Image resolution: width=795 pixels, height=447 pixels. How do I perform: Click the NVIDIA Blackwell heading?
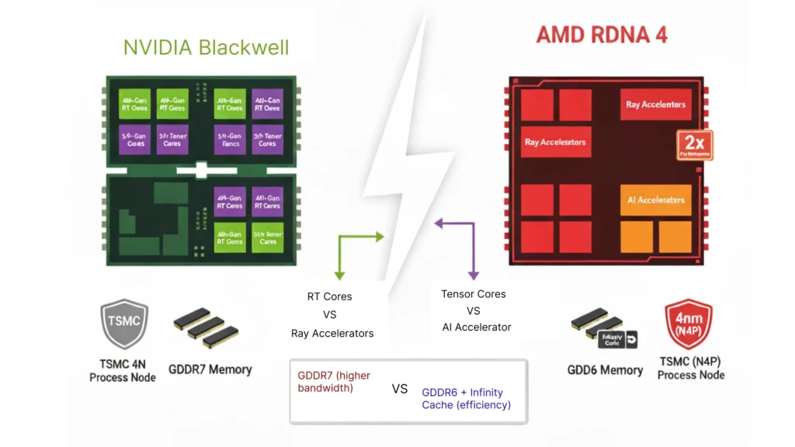point(206,47)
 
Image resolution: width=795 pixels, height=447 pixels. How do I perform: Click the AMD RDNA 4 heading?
point(602,35)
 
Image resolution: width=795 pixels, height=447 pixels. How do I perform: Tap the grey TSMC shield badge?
point(124,324)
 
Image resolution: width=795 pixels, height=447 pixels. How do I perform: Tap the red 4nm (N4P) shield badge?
point(688,324)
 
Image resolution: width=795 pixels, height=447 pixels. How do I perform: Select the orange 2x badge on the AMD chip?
point(694,145)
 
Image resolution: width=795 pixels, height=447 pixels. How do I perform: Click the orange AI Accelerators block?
point(655,199)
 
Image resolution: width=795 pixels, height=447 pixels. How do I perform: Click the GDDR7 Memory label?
point(210,369)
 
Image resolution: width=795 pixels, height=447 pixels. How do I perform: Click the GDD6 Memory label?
point(605,370)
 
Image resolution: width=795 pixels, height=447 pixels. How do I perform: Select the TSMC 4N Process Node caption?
point(123,370)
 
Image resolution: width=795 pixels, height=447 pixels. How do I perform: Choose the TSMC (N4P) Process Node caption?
point(690,368)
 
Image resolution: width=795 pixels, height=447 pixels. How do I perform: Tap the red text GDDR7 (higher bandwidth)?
point(334,381)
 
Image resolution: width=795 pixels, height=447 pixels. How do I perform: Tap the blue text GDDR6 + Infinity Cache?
point(466,398)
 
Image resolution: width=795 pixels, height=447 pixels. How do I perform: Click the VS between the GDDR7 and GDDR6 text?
point(400,389)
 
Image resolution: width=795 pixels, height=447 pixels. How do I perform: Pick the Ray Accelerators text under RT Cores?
point(332,333)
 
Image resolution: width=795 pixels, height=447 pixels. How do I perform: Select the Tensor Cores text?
point(473,294)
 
